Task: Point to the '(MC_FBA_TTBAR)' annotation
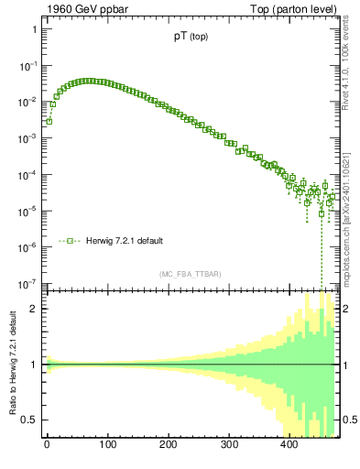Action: click(190, 274)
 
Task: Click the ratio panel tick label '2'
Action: click(33, 309)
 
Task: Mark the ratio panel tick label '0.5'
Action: click(29, 420)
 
